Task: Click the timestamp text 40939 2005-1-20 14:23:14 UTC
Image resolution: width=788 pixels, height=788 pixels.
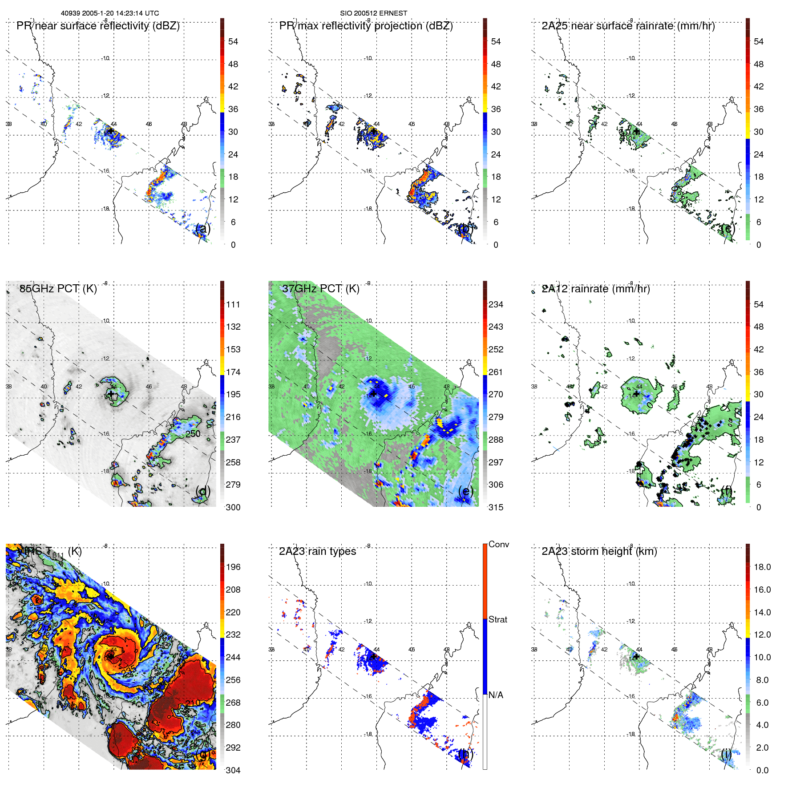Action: point(109,13)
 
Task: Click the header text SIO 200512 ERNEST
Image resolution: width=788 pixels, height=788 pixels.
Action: point(373,13)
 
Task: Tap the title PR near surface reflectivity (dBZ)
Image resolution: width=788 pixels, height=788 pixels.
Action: point(98,26)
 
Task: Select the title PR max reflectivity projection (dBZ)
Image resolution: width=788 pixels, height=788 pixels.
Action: point(366,26)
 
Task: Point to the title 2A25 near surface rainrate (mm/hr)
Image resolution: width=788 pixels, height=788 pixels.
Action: point(628,26)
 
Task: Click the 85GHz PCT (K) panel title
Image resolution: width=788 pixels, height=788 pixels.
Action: point(58,289)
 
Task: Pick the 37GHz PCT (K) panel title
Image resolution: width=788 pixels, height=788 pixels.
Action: point(320,289)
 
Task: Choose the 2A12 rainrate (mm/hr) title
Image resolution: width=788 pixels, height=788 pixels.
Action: point(596,289)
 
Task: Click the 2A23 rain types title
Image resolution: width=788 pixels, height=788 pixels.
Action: point(317,551)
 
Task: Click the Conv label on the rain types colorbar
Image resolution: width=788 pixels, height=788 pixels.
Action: point(499,544)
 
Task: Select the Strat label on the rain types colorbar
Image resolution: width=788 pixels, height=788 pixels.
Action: point(498,619)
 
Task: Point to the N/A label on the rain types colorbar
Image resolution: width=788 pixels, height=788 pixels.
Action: point(496,695)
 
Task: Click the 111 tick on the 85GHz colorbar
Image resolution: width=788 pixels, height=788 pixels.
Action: point(233,304)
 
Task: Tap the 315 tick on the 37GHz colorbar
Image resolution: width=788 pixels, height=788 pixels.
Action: point(496,507)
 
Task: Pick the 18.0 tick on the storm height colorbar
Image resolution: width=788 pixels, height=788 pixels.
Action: point(762,567)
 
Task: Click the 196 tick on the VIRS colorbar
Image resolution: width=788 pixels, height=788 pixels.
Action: point(233,567)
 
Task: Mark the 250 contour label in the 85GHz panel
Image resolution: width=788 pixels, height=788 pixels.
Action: point(193,434)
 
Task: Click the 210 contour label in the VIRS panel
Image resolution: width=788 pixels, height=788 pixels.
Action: point(193,703)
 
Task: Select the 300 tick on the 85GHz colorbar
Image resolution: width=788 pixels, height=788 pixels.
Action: point(233,507)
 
